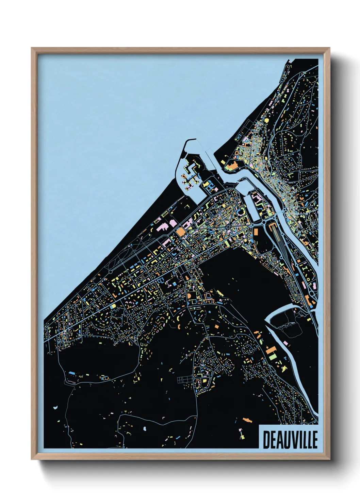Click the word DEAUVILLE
pos(290,440)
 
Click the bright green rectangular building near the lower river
pos(273,356)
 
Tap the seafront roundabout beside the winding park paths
pos(111,272)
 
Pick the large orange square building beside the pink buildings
pos(180,231)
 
